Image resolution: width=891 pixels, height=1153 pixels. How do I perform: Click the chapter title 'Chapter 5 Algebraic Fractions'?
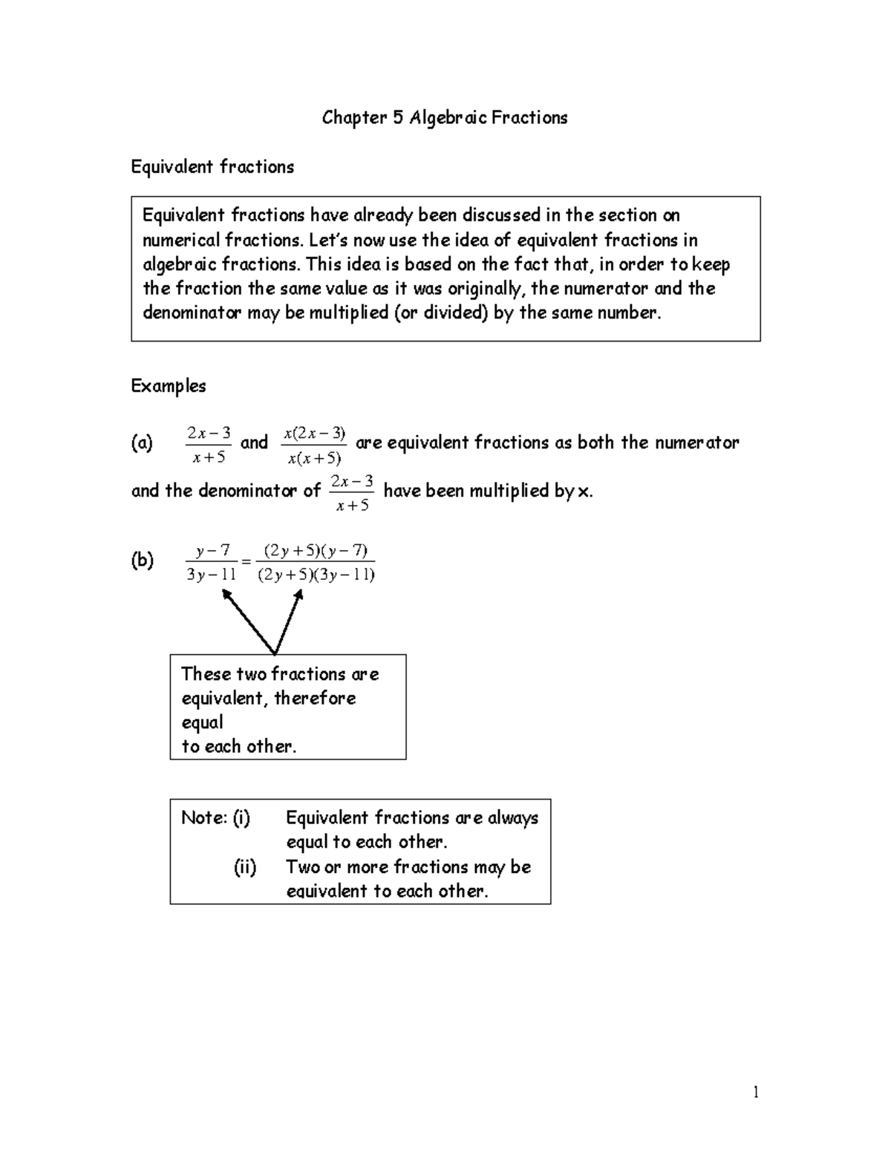point(444,118)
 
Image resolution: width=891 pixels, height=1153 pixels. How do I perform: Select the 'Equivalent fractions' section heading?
point(212,167)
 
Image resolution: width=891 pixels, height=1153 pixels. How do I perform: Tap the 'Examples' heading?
point(169,386)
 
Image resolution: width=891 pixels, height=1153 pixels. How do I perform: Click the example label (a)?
point(142,443)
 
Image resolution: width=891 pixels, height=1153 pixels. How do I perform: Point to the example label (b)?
point(142,561)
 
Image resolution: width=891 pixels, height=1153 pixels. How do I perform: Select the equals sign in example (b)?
point(247,563)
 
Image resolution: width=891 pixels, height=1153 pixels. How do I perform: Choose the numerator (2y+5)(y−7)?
point(316,550)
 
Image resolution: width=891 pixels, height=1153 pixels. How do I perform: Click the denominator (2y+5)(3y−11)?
point(316,575)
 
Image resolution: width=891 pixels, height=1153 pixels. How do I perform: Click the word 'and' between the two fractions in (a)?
point(254,442)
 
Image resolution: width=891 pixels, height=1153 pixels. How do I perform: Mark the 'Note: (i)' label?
point(215,818)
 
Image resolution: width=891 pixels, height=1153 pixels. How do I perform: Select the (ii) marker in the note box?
point(245,867)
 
